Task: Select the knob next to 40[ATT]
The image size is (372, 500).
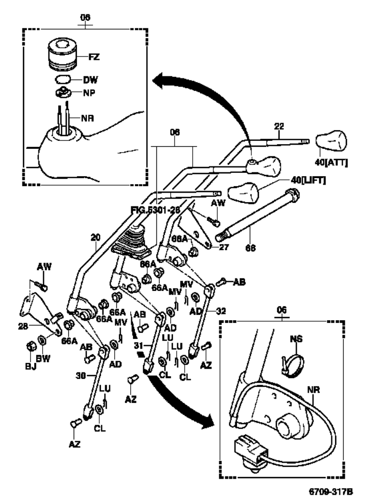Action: tap(331, 142)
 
